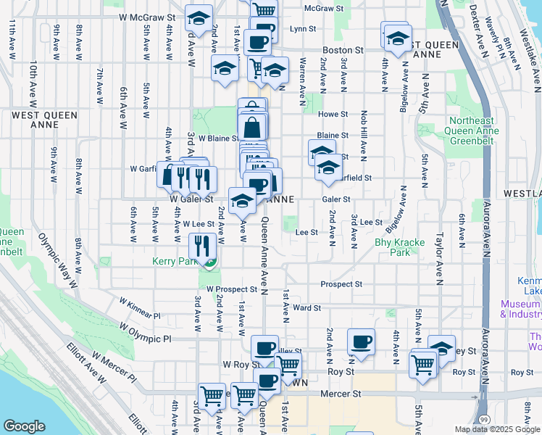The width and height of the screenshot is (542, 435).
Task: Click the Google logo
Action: [x=24, y=426]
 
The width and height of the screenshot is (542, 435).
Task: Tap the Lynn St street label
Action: [x=303, y=29]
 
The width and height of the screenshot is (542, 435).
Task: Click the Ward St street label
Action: [x=307, y=307]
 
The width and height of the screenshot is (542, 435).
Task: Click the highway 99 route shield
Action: [x=483, y=419]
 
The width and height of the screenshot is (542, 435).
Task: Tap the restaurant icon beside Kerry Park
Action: [x=202, y=246]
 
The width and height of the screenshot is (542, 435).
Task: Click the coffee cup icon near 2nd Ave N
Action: [x=361, y=341]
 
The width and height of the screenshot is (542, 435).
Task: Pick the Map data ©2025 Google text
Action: [x=496, y=429]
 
